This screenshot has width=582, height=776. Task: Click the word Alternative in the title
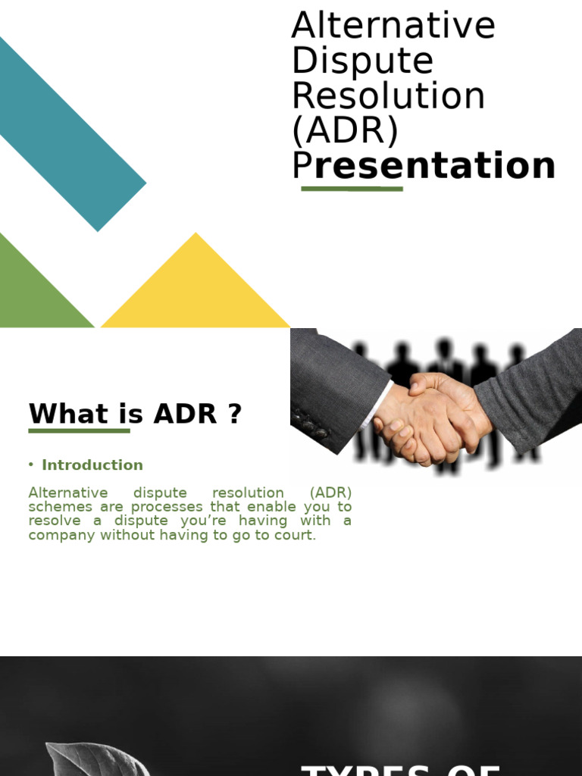(x=393, y=26)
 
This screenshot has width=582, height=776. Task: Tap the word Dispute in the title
(x=362, y=61)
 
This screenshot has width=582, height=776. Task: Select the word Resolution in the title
(x=388, y=96)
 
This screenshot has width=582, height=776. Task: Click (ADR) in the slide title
(x=345, y=131)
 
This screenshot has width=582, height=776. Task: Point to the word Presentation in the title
(x=424, y=166)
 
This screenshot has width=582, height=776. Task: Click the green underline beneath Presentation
(x=352, y=189)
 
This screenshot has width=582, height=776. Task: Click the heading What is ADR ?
(x=135, y=414)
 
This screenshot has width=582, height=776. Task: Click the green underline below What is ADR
(x=79, y=430)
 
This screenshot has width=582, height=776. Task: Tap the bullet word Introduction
(x=92, y=465)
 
